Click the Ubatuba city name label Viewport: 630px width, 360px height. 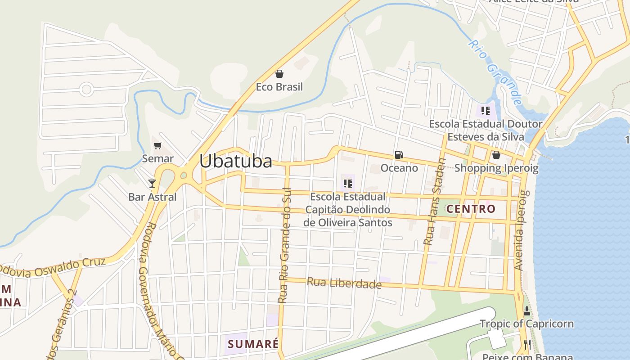[x=236, y=161]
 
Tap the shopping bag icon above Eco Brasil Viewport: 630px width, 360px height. [x=279, y=73]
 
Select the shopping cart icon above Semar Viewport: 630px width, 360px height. [x=157, y=145]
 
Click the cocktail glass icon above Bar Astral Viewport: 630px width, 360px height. [x=152, y=183]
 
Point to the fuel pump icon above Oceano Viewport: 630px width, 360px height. [x=399, y=155]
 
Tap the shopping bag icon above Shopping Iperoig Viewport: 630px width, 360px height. [x=496, y=155]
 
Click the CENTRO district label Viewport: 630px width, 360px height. [x=471, y=209]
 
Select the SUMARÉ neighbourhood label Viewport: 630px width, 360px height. [x=253, y=344]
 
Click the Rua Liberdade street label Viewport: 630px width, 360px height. [x=344, y=283]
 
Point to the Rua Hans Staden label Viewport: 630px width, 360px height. [x=434, y=202]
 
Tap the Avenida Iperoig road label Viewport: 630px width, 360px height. [x=520, y=230]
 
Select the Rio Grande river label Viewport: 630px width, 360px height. [x=495, y=72]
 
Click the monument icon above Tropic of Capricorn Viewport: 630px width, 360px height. [x=527, y=311]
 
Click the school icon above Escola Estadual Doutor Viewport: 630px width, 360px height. [x=485, y=110]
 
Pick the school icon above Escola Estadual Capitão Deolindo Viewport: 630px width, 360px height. [x=347, y=183]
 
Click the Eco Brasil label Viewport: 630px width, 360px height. [x=279, y=87]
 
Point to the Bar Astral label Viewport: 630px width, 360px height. [x=153, y=197]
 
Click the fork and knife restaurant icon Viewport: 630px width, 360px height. [x=527, y=345]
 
